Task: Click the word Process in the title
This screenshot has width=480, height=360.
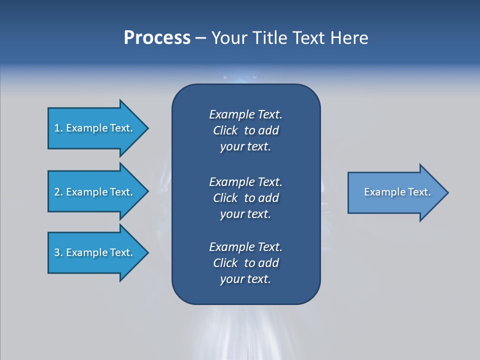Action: [157, 38]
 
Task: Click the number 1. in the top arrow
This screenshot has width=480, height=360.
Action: [58, 128]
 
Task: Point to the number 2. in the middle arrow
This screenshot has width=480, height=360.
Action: [58, 192]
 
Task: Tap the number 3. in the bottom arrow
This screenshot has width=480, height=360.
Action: [58, 252]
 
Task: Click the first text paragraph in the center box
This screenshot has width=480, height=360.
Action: [245, 130]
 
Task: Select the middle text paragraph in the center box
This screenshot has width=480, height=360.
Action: [245, 198]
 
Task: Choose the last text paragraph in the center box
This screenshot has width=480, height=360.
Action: [245, 263]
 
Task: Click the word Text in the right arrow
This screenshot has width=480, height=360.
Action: [419, 192]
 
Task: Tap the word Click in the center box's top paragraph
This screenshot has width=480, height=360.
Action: [225, 130]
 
